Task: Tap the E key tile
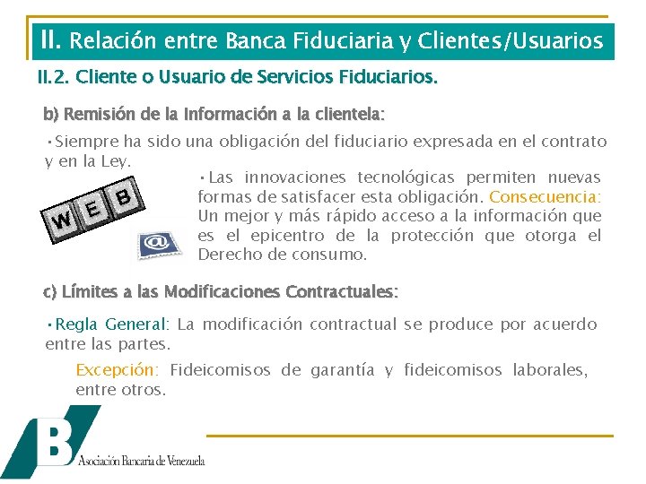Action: (x=94, y=208)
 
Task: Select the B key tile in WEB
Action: (x=125, y=194)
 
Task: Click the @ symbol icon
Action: (x=156, y=242)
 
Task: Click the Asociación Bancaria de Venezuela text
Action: (x=142, y=461)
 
